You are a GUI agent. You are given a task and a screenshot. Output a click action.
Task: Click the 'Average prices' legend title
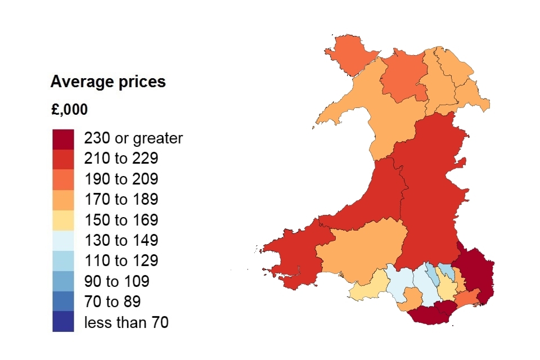click(x=108, y=82)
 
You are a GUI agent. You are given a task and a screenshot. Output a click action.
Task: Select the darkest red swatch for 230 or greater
click(x=63, y=139)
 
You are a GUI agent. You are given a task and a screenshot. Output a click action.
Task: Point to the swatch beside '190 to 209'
click(x=63, y=179)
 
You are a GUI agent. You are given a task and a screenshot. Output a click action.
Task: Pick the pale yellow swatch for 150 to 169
click(x=63, y=220)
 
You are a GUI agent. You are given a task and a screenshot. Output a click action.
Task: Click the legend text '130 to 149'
click(x=121, y=241)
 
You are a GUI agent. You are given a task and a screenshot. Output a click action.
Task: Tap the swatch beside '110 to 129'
click(x=63, y=261)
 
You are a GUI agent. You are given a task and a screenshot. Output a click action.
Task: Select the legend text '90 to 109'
click(x=117, y=281)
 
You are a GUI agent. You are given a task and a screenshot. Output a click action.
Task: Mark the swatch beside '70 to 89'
click(x=63, y=301)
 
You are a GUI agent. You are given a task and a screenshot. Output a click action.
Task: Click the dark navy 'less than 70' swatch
click(x=63, y=322)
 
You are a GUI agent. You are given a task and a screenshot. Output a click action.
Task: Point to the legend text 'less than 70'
click(x=126, y=322)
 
